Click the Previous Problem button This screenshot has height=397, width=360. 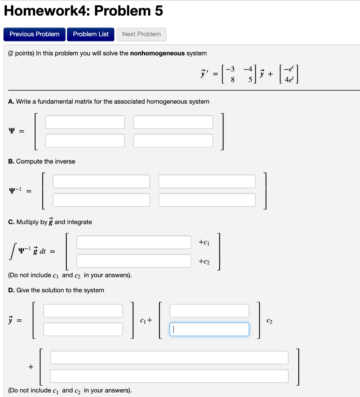tap(35, 34)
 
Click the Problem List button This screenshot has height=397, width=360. tap(91, 34)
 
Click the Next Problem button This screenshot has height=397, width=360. tap(141, 34)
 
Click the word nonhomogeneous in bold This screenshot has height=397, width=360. tap(157, 53)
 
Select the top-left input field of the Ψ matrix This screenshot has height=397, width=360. tap(85, 122)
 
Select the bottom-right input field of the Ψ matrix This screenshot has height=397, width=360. tap(173, 140)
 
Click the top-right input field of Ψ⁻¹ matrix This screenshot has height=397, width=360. tap(207, 181)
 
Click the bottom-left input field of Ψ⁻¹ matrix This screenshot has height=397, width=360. tap(101, 200)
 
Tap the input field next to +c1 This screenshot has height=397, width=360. tap(134, 242)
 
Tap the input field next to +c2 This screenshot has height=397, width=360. tap(134, 261)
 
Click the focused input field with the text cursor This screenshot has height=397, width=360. tap(209, 330)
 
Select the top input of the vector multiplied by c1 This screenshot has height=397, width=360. tap(83, 311)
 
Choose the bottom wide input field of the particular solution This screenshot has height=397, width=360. tap(169, 376)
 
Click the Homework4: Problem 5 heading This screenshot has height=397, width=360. tap(83, 11)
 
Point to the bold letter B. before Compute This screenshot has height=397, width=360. tap(11, 161)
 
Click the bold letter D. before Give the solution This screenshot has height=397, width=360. tap(11, 290)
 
